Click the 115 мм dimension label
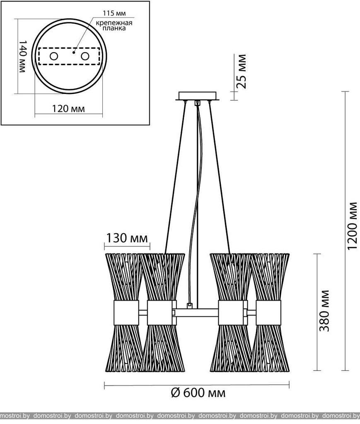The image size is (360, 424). (x=114, y=13)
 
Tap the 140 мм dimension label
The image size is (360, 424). (x=22, y=56)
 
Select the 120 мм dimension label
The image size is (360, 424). (x=68, y=109)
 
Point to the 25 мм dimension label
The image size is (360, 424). (x=240, y=71)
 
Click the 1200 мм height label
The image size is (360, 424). (x=352, y=226)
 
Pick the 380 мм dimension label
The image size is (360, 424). (x=324, y=311)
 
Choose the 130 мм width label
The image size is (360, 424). (x=127, y=238)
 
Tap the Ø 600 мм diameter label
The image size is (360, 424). (x=198, y=393)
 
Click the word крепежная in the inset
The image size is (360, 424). (x=114, y=23)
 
